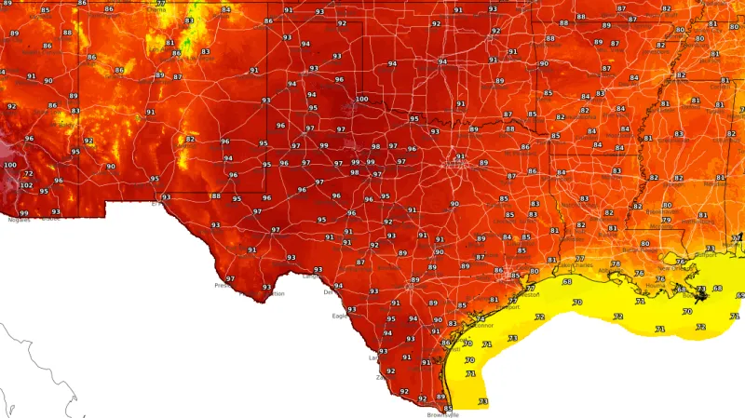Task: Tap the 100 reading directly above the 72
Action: (x=10, y=165)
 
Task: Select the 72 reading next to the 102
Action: (x=28, y=174)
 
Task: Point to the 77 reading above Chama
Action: (x=161, y=3)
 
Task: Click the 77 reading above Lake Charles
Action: (x=579, y=259)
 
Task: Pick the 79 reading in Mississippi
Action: (x=666, y=220)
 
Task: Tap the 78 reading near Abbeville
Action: (x=616, y=264)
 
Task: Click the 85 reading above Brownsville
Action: (x=447, y=408)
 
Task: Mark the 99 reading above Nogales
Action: (x=24, y=213)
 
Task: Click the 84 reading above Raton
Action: (x=226, y=10)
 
